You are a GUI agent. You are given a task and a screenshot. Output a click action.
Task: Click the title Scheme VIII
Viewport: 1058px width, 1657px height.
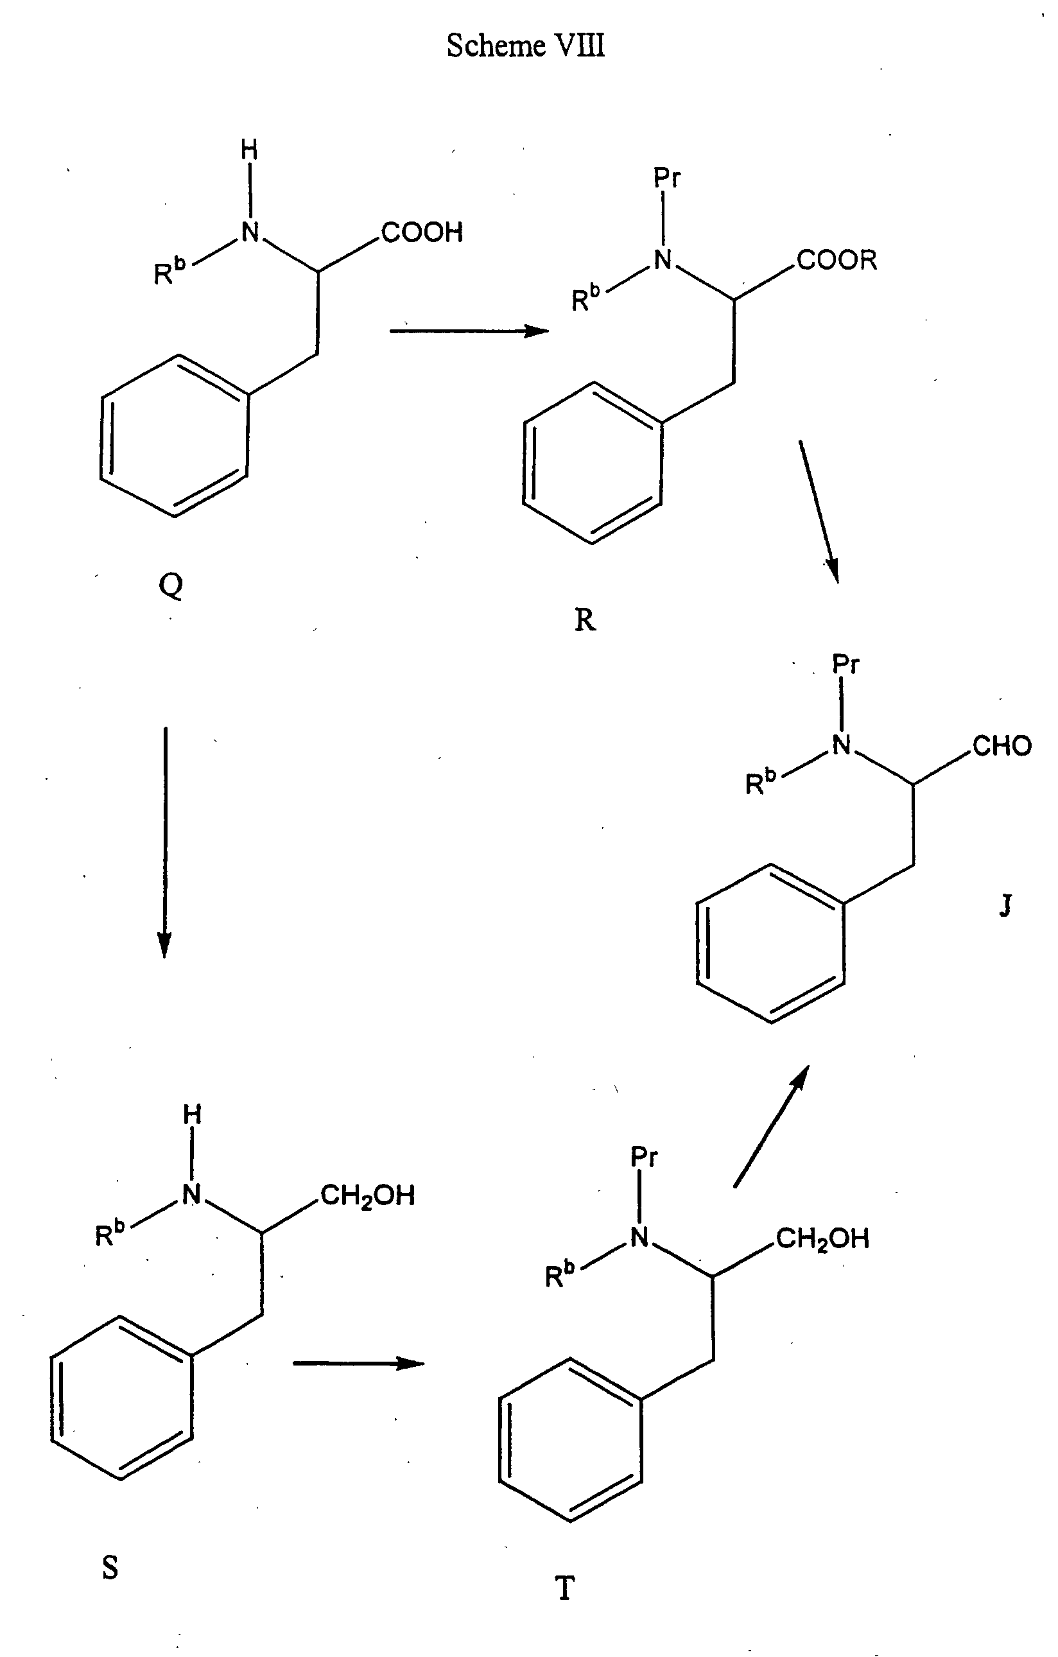tap(526, 46)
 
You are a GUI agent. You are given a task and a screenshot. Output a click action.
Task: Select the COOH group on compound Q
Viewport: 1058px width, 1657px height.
tap(422, 232)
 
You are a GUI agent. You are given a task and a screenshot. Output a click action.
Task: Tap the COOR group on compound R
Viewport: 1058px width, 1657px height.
tap(837, 260)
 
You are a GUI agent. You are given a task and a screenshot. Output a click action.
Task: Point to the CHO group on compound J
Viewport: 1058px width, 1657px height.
tap(1002, 746)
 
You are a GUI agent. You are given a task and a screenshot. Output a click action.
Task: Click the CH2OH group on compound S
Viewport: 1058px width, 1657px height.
tap(367, 1196)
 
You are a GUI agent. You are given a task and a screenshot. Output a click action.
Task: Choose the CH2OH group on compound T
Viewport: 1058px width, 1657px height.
tap(822, 1238)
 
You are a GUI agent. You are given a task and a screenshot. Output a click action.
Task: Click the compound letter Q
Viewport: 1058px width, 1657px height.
tap(171, 586)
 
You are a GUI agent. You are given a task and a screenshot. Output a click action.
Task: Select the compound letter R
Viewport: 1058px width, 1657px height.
tap(584, 621)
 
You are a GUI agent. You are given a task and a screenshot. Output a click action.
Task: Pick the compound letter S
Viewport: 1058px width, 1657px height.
tap(110, 1568)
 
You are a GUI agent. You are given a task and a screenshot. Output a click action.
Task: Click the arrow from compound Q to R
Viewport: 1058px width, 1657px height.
tap(469, 331)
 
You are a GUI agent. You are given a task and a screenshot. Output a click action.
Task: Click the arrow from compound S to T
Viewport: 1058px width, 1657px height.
tap(358, 1362)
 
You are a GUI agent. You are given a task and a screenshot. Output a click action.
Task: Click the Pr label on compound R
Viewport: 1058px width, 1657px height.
tap(666, 179)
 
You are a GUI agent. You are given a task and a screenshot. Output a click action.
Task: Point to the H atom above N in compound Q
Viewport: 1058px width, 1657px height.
tap(250, 150)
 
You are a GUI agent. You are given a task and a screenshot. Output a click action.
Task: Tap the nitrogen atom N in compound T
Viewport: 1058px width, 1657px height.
tap(640, 1237)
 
